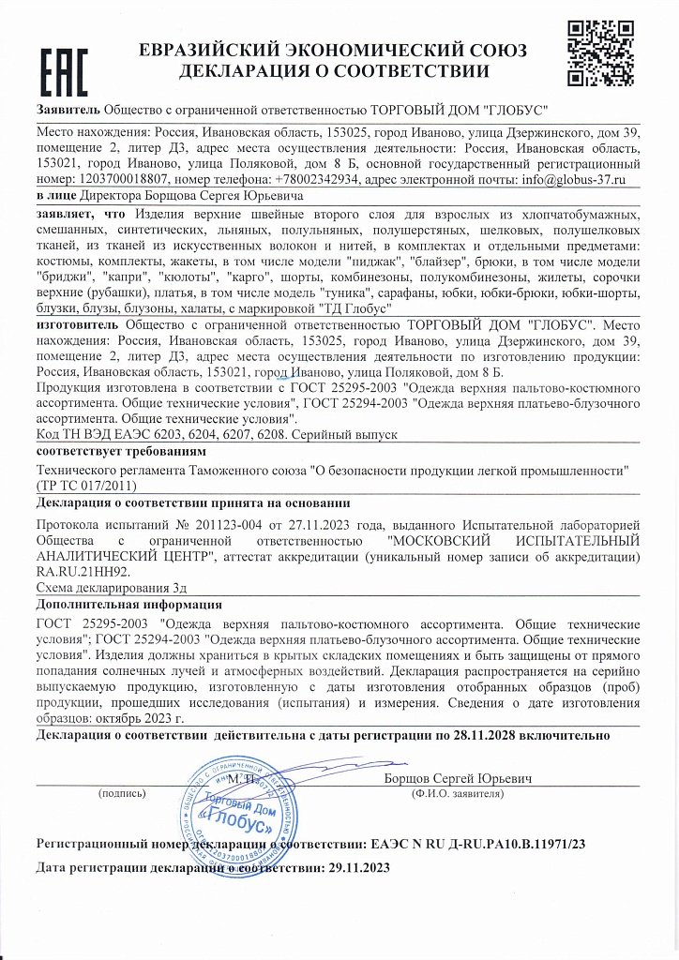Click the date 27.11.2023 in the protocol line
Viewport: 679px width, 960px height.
pyautogui.click(x=319, y=525)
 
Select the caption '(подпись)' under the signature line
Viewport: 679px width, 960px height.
pyautogui.click(x=122, y=793)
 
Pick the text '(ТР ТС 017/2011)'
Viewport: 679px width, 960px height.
pyautogui.click(x=86, y=486)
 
